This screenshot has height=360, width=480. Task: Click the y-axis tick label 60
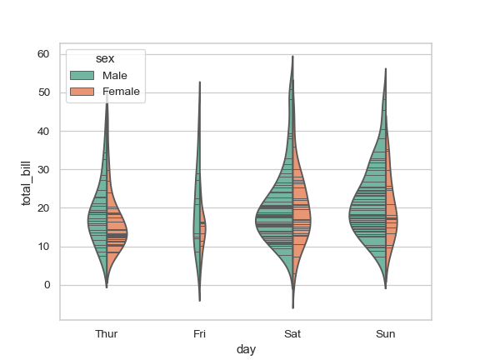[43, 54]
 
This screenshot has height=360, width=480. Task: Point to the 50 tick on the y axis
[43, 92]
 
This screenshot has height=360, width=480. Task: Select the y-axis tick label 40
[43, 131]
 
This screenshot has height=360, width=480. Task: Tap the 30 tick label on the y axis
[43, 170]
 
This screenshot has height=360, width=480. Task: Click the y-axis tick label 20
[43, 208]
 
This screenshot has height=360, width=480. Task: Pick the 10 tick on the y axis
[43, 247]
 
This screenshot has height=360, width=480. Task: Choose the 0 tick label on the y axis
[47, 285]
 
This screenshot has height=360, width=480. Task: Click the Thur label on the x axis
[107, 334]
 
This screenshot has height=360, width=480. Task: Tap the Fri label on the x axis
[199, 334]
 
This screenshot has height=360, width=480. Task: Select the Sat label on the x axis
[292, 334]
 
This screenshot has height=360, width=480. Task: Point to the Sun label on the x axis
[385, 334]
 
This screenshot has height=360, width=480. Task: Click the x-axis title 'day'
[246, 350]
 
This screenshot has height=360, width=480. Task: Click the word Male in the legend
[114, 76]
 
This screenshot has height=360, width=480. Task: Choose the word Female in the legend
[121, 91]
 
